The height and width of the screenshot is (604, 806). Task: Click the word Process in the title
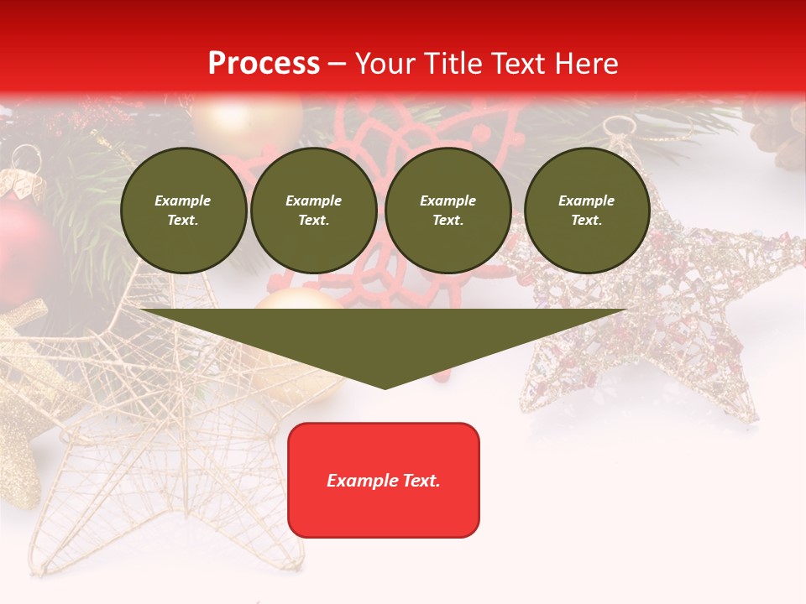point(264,63)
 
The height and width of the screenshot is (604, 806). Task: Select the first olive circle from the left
point(183,211)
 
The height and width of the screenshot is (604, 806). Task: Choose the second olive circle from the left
point(313,211)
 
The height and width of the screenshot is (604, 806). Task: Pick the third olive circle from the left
point(447,211)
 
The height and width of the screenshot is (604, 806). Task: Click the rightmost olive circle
point(586,211)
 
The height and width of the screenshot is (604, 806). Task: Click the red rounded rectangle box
point(384,480)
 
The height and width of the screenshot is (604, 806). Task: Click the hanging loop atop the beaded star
point(620,126)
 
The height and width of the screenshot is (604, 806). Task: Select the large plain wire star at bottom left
point(160,445)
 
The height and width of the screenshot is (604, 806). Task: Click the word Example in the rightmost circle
point(586,200)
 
